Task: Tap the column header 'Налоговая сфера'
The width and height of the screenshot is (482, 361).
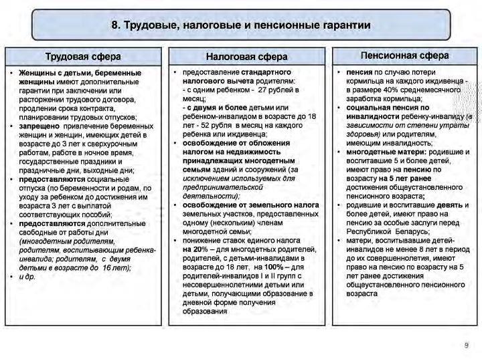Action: click(x=246, y=57)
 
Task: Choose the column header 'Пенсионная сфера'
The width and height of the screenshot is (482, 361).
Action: click(x=404, y=55)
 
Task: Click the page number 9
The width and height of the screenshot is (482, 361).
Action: click(x=467, y=345)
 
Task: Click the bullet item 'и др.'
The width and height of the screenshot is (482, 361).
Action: click(x=27, y=276)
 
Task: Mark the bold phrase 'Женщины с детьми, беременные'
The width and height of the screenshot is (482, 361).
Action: click(x=80, y=72)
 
